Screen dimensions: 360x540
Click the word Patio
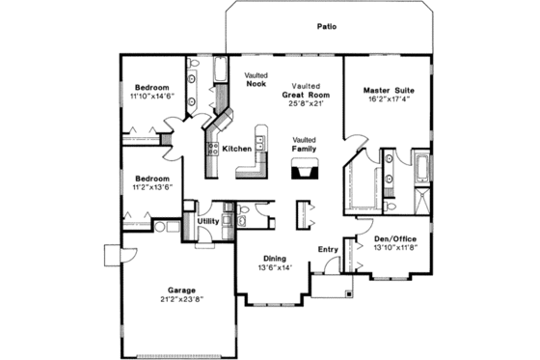click(326, 27)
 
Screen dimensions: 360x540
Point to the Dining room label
click(275, 258)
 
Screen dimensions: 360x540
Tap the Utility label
click(207, 221)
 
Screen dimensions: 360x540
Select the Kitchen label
click(237, 150)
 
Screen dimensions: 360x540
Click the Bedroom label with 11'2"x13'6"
click(152, 179)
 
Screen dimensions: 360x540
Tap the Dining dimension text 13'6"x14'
click(275, 267)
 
